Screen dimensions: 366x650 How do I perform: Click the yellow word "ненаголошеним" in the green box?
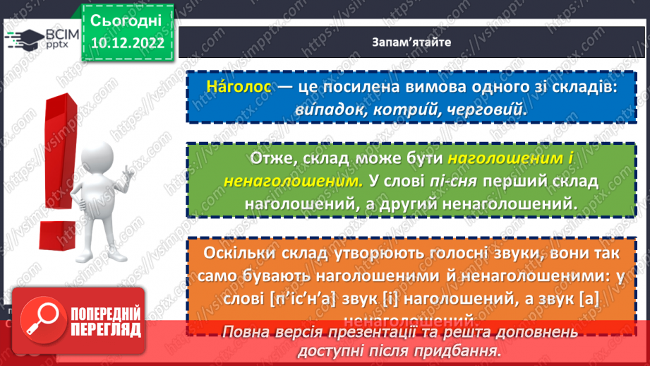coord(290,181)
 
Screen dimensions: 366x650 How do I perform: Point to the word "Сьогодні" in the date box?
coord(126,18)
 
